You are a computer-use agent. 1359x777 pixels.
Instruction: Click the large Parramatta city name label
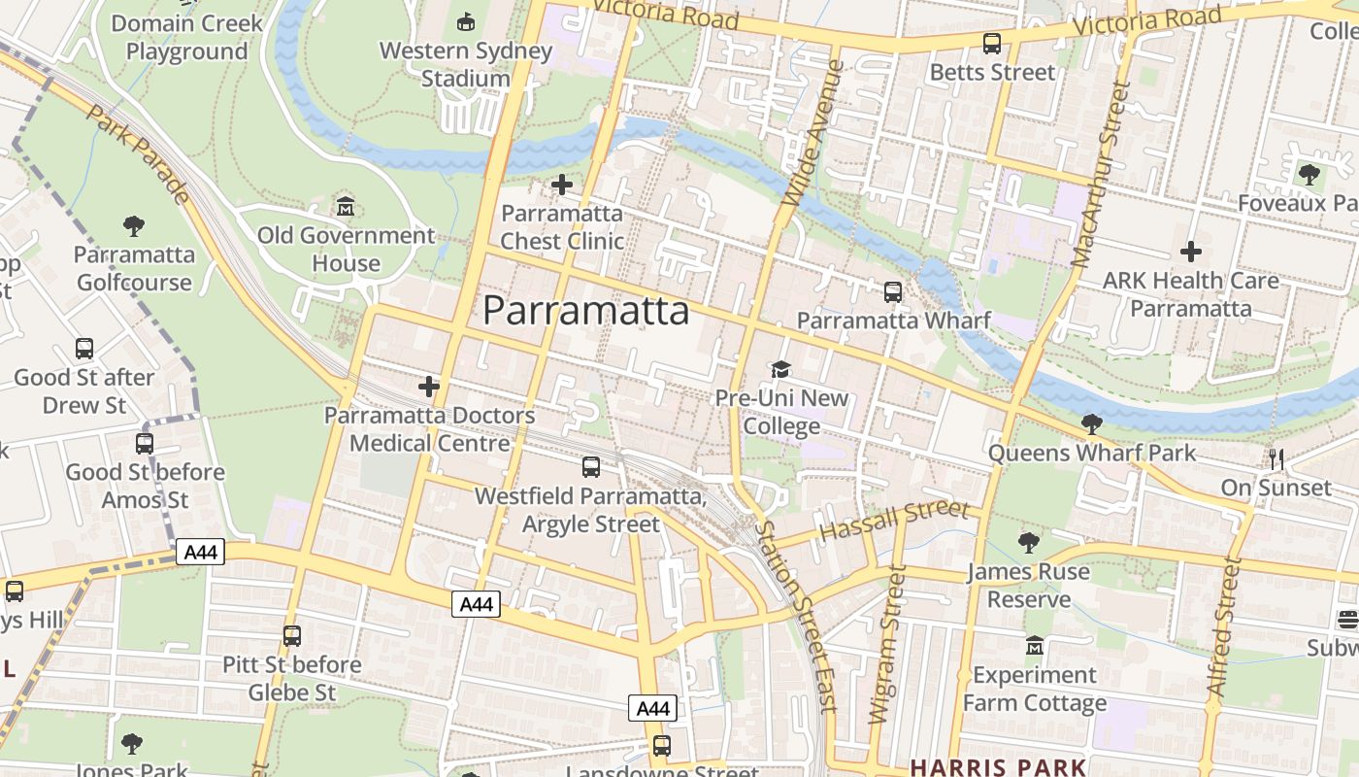tap(586, 311)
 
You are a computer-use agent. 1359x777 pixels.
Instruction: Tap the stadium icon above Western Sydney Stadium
tap(466, 20)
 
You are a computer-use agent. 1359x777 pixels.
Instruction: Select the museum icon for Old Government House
tap(346, 207)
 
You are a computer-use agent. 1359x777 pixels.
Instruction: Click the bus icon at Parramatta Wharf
tap(893, 291)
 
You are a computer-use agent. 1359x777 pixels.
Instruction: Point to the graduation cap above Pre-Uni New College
tap(780, 369)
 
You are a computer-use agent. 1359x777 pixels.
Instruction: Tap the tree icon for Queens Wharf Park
tap(1092, 423)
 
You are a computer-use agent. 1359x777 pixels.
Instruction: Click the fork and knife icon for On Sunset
tap(1276, 458)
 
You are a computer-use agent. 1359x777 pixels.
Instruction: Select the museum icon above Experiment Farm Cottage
tap(1035, 646)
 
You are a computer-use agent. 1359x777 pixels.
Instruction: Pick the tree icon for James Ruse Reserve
tap(1029, 543)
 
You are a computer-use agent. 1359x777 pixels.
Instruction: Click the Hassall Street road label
tap(894, 522)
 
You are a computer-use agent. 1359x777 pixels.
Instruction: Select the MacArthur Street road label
tap(1102, 175)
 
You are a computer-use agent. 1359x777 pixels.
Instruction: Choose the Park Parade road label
tap(138, 153)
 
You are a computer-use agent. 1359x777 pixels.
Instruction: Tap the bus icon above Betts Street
tap(991, 44)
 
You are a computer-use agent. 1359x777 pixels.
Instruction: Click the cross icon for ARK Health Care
tap(1191, 253)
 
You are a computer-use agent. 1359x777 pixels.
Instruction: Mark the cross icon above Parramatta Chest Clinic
tap(561, 185)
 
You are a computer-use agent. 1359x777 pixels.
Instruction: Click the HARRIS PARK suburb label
tap(998, 767)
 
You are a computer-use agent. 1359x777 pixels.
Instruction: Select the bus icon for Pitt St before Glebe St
tap(292, 636)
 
